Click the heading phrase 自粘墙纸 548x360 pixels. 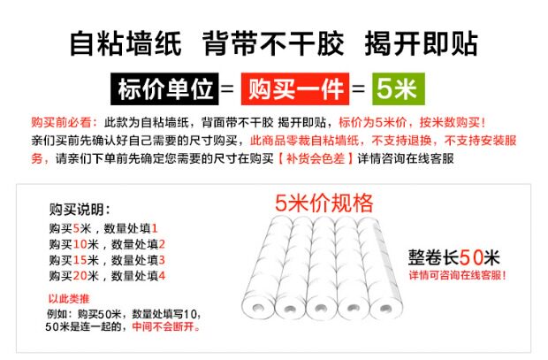click(125, 42)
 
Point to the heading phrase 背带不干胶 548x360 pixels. click(270, 42)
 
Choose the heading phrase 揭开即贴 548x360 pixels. click(422, 42)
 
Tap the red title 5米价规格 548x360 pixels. click(323, 203)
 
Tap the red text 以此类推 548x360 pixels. click(68, 298)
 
